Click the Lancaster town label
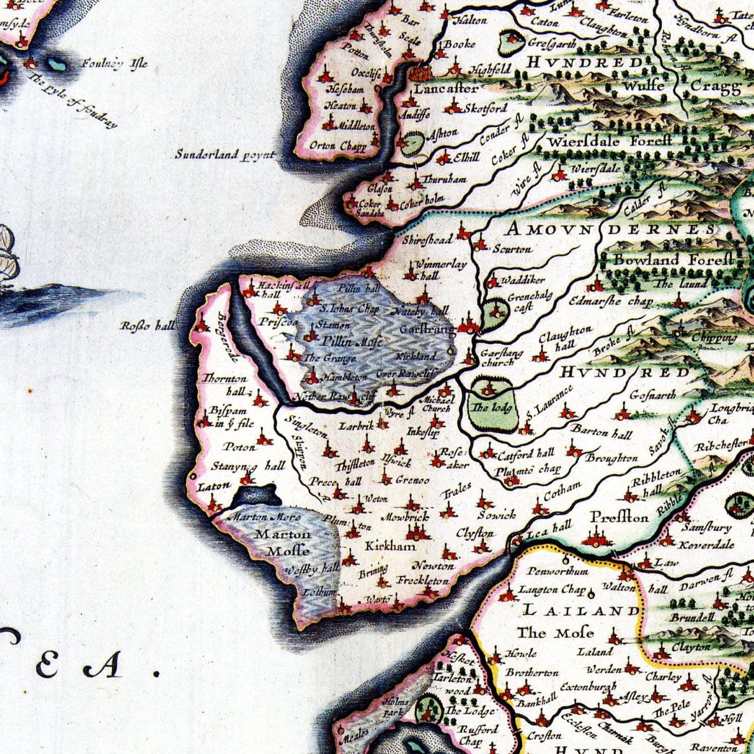(446, 89)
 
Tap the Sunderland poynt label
(224, 154)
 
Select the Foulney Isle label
(114, 64)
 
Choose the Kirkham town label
(390, 546)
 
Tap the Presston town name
(619, 517)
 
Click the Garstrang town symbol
(468, 327)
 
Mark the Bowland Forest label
(673, 259)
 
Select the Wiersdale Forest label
(609, 141)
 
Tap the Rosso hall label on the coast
(148, 326)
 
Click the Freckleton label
(423, 580)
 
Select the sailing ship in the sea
(8, 256)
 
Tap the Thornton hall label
(224, 385)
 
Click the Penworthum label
(557, 571)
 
